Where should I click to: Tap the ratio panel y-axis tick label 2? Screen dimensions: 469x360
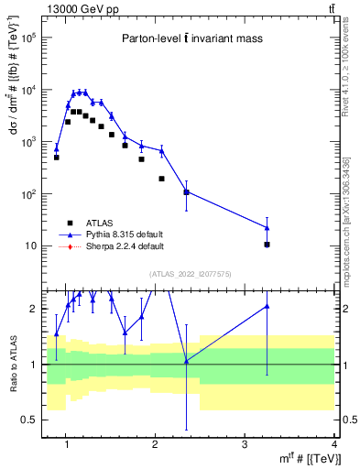coord(35,309)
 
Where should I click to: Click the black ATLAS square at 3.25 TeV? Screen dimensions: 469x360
coord(267,245)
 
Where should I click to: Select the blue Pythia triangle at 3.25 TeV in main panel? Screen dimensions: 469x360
coord(267,227)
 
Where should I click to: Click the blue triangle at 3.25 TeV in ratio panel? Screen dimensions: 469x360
coord(267,307)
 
